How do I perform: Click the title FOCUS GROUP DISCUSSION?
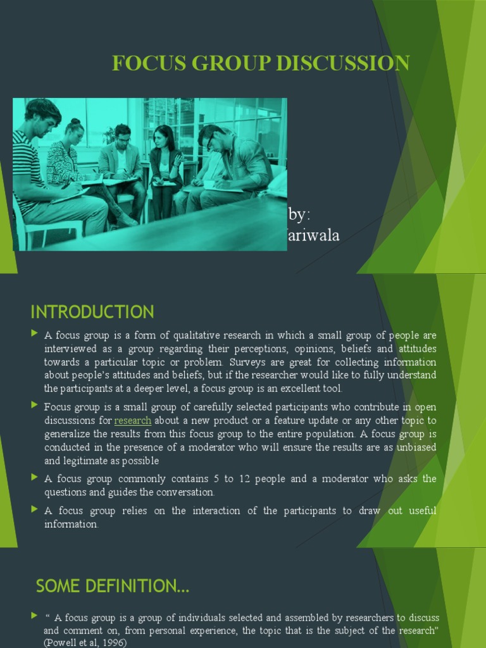point(261,63)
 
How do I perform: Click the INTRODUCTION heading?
point(92,312)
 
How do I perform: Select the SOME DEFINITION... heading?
point(113,587)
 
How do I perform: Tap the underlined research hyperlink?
point(133,420)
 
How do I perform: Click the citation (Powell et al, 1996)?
point(85,642)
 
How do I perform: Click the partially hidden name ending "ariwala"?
point(314,235)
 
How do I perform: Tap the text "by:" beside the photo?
point(300,213)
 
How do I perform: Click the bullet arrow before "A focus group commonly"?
point(34,478)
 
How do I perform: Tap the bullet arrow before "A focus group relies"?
point(34,509)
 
